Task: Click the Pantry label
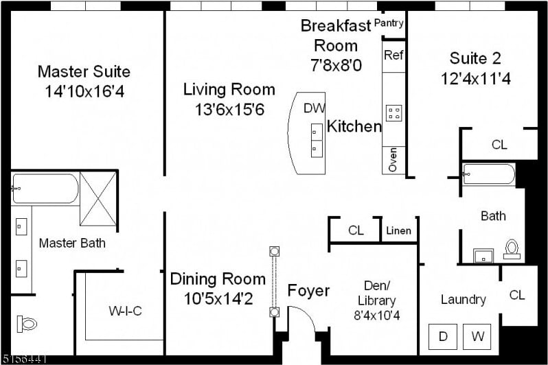coord(389,23)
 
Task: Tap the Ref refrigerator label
coord(393,55)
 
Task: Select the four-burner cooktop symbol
coord(394,113)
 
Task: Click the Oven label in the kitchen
coord(393,160)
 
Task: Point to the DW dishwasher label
coord(315,108)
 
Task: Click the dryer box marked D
coord(443,337)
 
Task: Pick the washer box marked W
coord(477,337)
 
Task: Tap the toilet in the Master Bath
coord(27,324)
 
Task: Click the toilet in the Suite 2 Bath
coord(512,249)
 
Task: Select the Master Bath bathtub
coord(45,189)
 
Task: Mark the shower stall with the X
coord(98,199)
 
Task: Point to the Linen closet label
coord(398,231)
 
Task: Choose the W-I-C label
coord(125,311)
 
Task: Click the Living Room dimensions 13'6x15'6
coord(229,110)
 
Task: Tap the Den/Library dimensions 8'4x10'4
coord(377,316)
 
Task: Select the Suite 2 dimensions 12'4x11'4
coord(476,79)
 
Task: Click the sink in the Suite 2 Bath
coord(483,256)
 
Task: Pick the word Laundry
coord(464,300)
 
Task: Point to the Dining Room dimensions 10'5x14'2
coord(218,298)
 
